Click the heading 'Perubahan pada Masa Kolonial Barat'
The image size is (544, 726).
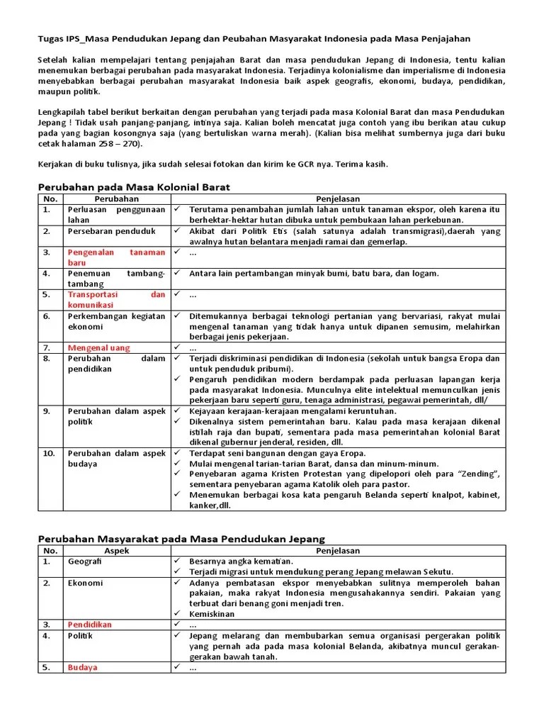click(x=133, y=187)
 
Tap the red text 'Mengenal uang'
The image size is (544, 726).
click(x=98, y=348)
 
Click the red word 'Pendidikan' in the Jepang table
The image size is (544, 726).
click(x=89, y=625)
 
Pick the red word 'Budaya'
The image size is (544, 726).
click(x=82, y=667)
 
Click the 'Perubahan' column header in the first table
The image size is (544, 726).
click(x=116, y=199)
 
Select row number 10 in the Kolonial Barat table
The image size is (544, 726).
click(x=48, y=454)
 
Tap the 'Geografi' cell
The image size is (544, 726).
click(x=84, y=562)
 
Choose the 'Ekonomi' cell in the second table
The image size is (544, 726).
click(x=85, y=583)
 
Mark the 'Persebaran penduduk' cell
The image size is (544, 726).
click(x=111, y=231)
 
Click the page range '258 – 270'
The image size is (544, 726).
click(x=116, y=144)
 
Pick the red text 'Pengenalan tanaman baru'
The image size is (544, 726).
click(x=116, y=257)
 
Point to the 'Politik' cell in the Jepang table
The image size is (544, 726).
click(x=80, y=636)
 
